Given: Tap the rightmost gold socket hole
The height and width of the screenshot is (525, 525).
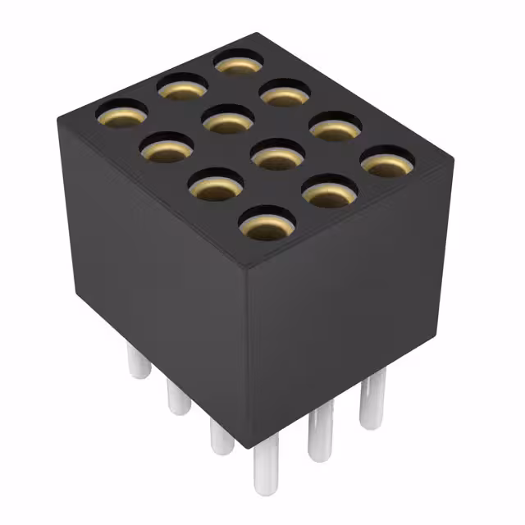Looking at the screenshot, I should coord(387,162).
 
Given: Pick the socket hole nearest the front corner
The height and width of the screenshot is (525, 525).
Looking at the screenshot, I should coord(267,222).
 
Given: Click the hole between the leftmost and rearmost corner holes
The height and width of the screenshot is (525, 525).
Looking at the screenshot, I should coord(181,87).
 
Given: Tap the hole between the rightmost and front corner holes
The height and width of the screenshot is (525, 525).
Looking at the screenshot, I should coord(328,192).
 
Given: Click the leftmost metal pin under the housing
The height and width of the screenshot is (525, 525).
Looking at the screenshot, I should coord(139,362).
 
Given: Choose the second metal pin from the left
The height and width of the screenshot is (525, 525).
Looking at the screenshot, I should coord(178,397).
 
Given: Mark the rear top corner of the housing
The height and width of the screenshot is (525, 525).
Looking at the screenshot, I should coord(256,34).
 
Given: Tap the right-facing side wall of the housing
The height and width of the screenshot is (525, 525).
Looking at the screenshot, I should coord(353,304).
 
